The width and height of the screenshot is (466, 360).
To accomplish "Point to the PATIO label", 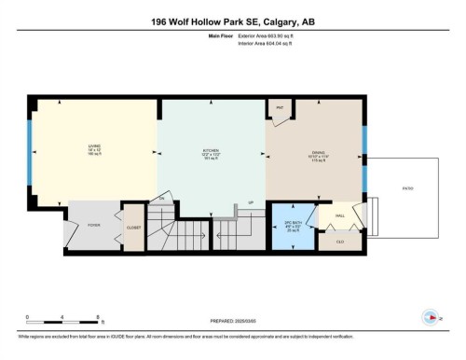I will point(407,189).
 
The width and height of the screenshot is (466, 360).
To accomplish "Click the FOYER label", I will point(94,224).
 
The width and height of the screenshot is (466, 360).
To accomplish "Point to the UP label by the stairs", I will point(250,202).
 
